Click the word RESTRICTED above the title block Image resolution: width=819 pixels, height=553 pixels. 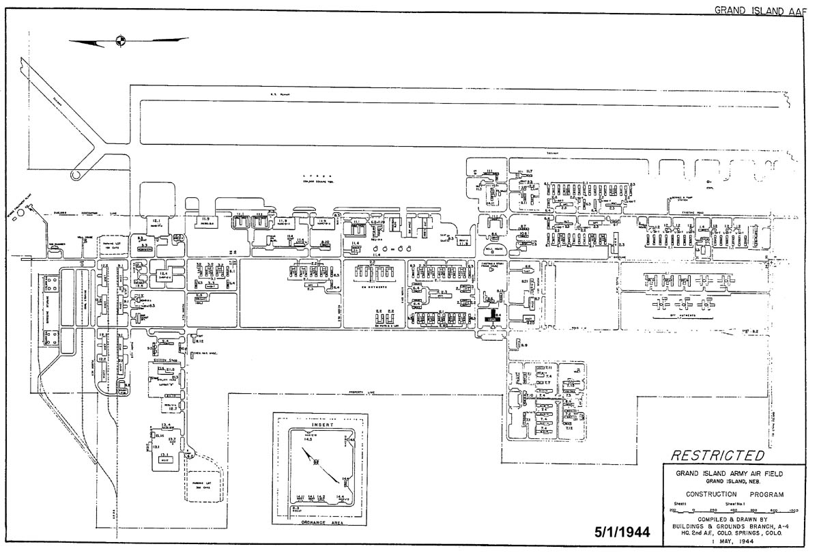[x=718, y=455]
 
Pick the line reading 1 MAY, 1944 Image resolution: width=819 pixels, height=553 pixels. [x=734, y=541]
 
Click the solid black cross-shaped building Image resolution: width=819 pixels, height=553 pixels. [x=489, y=317]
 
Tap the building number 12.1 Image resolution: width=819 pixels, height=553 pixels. [x=156, y=221]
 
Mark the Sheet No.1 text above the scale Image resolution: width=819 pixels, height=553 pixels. [x=732, y=505]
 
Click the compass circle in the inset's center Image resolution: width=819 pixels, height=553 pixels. [x=316, y=462]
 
